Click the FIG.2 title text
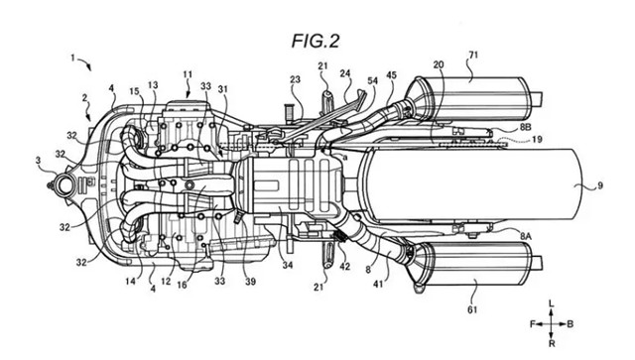(x=316, y=42)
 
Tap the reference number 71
(x=473, y=55)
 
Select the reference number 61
(x=472, y=309)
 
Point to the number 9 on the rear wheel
(x=599, y=185)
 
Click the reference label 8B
(x=525, y=127)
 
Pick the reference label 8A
(x=525, y=236)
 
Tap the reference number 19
(x=537, y=140)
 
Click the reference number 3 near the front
(x=38, y=161)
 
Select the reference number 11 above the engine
(x=188, y=74)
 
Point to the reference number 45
(x=392, y=75)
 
